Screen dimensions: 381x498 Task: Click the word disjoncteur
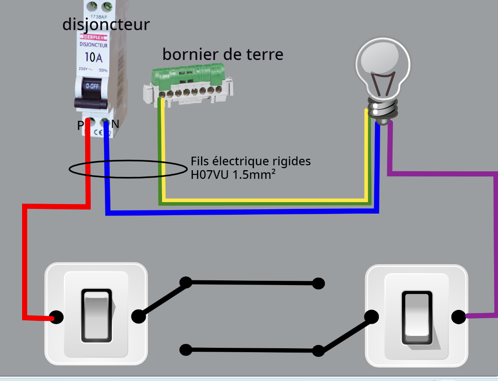[x=106, y=24]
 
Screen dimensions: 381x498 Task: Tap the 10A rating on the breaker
[x=93, y=58]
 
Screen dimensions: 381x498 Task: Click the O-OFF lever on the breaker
[x=92, y=86]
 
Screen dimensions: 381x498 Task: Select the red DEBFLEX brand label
[x=93, y=37]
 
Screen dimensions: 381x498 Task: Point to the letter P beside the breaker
[x=80, y=126]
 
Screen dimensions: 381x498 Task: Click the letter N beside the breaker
[x=115, y=124]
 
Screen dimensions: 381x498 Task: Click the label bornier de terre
[x=223, y=54]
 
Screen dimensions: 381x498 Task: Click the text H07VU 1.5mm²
[x=233, y=175]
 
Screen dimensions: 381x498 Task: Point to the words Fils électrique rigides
[x=250, y=161]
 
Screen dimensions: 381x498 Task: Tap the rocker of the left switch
[x=97, y=316]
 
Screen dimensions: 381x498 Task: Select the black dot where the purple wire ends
[x=459, y=317]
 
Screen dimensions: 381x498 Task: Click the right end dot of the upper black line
[x=318, y=283]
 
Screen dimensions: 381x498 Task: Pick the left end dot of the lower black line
[x=186, y=350]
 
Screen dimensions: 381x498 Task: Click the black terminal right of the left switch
[x=138, y=316]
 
